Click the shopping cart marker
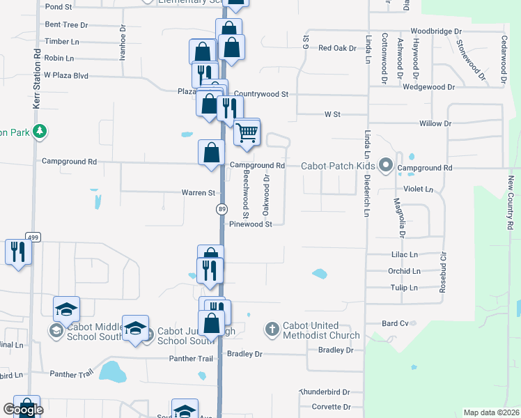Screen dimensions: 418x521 tap(247, 132)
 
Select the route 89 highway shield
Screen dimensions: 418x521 tap(221, 209)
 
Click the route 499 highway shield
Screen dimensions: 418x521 tap(33, 237)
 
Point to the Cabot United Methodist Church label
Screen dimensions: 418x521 tap(321, 330)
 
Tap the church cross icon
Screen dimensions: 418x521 tap(272, 328)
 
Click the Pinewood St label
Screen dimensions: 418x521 tap(255, 224)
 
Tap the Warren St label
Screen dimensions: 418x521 tap(199, 192)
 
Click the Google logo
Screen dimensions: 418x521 tap(23, 410)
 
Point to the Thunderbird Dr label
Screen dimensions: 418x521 tap(325, 392)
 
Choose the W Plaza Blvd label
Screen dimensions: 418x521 tap(66, 75)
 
